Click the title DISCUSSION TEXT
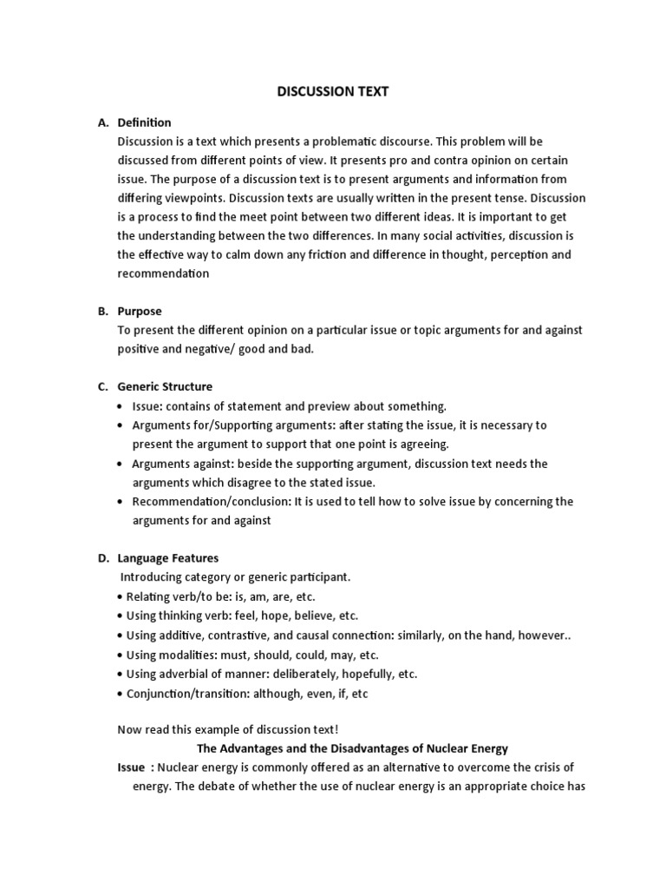tap(332, 92)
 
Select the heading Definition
tap(145, 122)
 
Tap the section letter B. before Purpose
tap(102, 311)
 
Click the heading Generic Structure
tap(165, 386)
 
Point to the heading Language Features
tap(168, 558)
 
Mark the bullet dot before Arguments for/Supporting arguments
tap(120, 425)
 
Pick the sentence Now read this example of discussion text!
tap(232, 729)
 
